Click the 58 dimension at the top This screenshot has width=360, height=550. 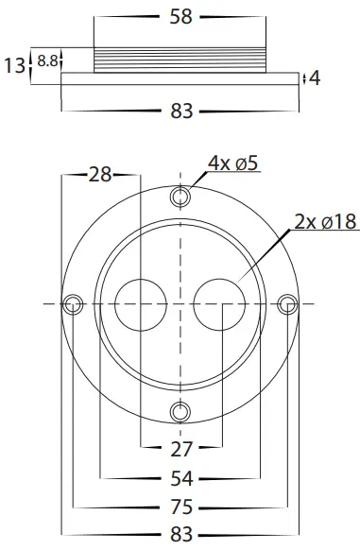point(180,16)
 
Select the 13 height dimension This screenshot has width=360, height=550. point(15,65)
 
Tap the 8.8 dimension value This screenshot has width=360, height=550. point(47,61)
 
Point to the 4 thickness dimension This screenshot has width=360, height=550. point(315,78)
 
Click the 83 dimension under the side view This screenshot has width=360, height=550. point(181,111)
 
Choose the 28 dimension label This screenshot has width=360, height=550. point(100,174)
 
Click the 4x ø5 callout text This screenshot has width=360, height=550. point(233,163)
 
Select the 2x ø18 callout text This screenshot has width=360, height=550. point(325,221)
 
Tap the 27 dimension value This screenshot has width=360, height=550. point(181,449)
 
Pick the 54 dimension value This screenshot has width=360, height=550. point(181,478)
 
